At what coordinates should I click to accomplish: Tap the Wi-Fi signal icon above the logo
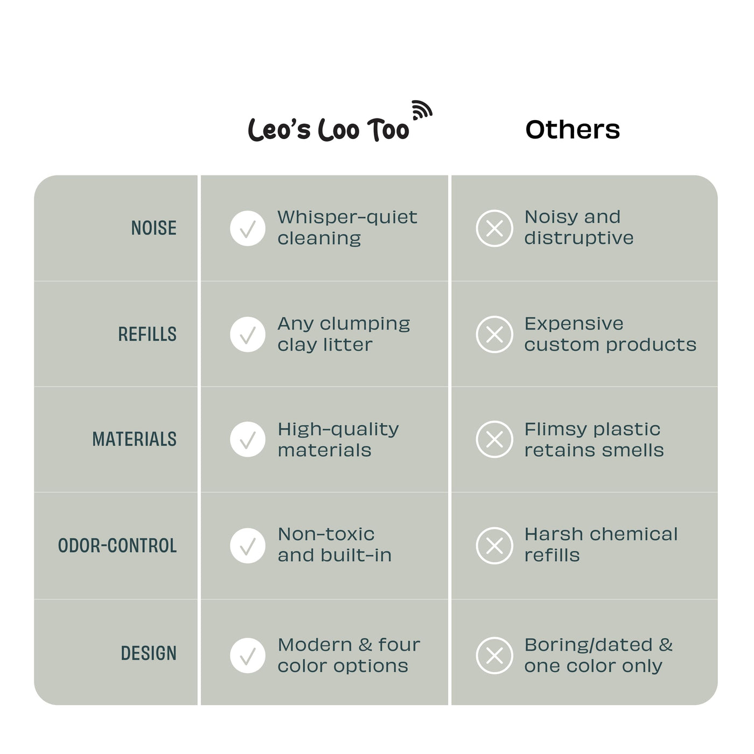[x=422, y=110]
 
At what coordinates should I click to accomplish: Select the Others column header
[x=573, y=129]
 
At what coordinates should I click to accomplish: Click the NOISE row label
[x=154, y=228]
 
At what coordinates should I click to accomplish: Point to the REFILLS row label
[x=147, y=334]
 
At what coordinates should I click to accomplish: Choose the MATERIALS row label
[x=134, y=438]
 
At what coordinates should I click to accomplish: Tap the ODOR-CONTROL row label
[x=117, y=546]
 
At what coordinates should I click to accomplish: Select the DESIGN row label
[x=149, y=653]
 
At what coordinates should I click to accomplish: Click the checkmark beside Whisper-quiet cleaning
[x=248, y=228]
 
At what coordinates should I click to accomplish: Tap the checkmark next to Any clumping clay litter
[x=248, y=334]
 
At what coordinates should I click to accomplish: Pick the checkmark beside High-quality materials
[x=248, y=439]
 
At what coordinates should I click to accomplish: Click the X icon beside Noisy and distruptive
[x=494, y=228]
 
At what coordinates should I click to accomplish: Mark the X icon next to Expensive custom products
[x=494, y=334]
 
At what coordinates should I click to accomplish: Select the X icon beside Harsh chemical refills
[x=494, y=546]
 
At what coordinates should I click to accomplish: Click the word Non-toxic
[x=326, y=534]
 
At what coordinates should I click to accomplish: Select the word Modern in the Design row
[x=315, y=645]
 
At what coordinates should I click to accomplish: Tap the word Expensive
[x=574, y=324]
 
